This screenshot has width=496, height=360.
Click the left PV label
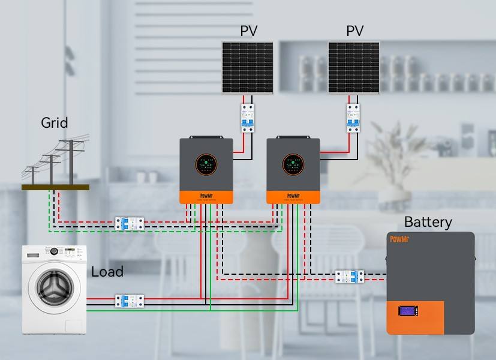click(x=249, y=31)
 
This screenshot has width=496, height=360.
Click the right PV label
click(x=354, y=31)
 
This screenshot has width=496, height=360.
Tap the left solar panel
click(x=248, y=67)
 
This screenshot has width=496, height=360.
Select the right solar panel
click(x=354, y=67)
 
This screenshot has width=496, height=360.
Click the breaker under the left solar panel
click(x=247, y=118)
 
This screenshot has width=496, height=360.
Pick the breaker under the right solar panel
click(x=353, y=118)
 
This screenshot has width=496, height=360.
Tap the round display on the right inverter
click(x=293, y=164)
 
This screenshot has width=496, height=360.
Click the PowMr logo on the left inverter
click(x=206, y=196)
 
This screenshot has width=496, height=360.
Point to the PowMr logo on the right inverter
click(x=293, y=196)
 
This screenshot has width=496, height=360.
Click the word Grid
click(x=55, y=123)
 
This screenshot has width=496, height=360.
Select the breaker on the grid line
click(x=130, y=224)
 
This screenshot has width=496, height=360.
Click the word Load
click(x=107, y=272)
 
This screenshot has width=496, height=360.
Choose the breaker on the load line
click(x=130, y=301)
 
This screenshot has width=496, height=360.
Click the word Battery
click(x=428, y=222)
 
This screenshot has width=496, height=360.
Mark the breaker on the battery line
click(x=349, y=277)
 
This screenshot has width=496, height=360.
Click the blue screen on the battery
click(x=409, y=312)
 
